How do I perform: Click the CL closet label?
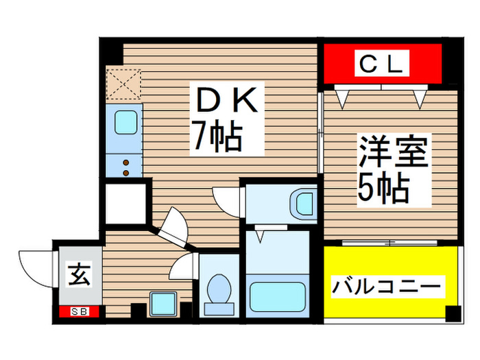(381, 63)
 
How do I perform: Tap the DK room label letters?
(227, 100)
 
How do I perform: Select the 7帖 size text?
(217, 135)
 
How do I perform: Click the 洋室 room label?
(394, 152)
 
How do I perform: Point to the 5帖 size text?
(383, 188)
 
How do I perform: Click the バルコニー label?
(387, 287)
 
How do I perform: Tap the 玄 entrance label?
(80, 274)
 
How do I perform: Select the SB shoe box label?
(80, 311)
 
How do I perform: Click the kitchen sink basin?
(125, 122)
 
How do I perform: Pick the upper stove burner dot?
(125, 163)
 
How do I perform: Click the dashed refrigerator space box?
(123, 84)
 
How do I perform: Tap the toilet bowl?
(219, 289)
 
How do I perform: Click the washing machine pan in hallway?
(163, 304)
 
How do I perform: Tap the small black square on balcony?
(453, 313)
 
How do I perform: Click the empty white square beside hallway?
(125, 204)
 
